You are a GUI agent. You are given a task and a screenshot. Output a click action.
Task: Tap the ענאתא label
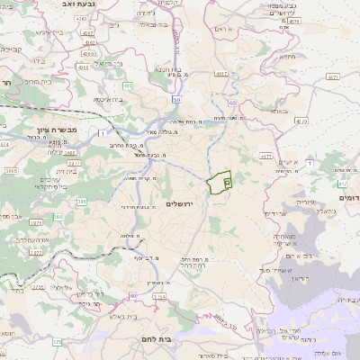(280, 112)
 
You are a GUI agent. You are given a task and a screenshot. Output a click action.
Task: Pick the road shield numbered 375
(58, 342)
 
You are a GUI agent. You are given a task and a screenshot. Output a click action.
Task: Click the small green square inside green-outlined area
(227, 183)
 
